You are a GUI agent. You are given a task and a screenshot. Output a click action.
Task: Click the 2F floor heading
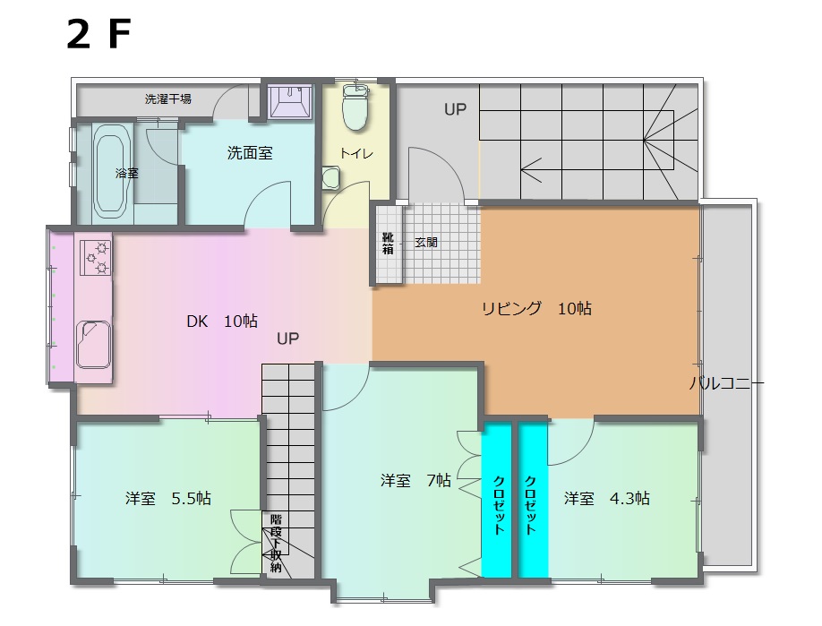pyautogui.click(x=98, y=35)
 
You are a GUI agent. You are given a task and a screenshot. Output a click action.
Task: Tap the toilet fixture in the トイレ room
pyautogui.click(x=355, y=107)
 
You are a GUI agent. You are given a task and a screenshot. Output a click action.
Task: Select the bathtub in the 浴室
pyautogui.click(x=111, y=173)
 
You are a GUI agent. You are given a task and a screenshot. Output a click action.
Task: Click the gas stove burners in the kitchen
pyautogui.click(x=96, y=257)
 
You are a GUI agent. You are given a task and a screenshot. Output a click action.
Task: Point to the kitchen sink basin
pyautogui.click(x=94, y=344)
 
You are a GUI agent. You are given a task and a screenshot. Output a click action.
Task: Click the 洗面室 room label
pyautogui.click(x=250, y=153)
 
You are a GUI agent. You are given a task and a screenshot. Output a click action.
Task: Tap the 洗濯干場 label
pyautogui.click(x=167, y=99)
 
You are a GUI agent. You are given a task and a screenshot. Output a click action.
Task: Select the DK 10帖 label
pyautogui.click(x=222, y=321)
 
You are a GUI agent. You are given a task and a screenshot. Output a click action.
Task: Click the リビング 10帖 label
pyautogui.click(x=537, y=308)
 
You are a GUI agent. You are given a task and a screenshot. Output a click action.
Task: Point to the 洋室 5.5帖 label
pyautogui.click(x=167, y=498)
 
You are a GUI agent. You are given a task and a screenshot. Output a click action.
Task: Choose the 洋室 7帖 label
pyautogui.click(x=415, y=480)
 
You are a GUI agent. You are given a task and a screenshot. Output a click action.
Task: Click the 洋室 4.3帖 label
pyautogui.click(x=606, y=498)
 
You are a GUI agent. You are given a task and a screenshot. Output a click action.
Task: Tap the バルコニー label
pyautogui.click(x=726, y=383)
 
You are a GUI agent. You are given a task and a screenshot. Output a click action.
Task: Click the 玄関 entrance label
pyautogui.click(x=425, y=242)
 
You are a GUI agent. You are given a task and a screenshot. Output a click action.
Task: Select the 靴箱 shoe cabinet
pyautogui.click(x=388, y=244)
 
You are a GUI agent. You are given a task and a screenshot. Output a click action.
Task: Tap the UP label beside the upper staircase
pyautogui.click(x=455, y=109)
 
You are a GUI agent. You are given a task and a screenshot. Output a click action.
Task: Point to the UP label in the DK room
pyautogui.click(x=287, y=339)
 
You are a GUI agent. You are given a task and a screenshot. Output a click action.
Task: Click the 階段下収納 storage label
pyautogui.click(x=276, y=544)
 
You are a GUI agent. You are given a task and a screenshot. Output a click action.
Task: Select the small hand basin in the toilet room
pyautogui.click(x=330, y=177)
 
